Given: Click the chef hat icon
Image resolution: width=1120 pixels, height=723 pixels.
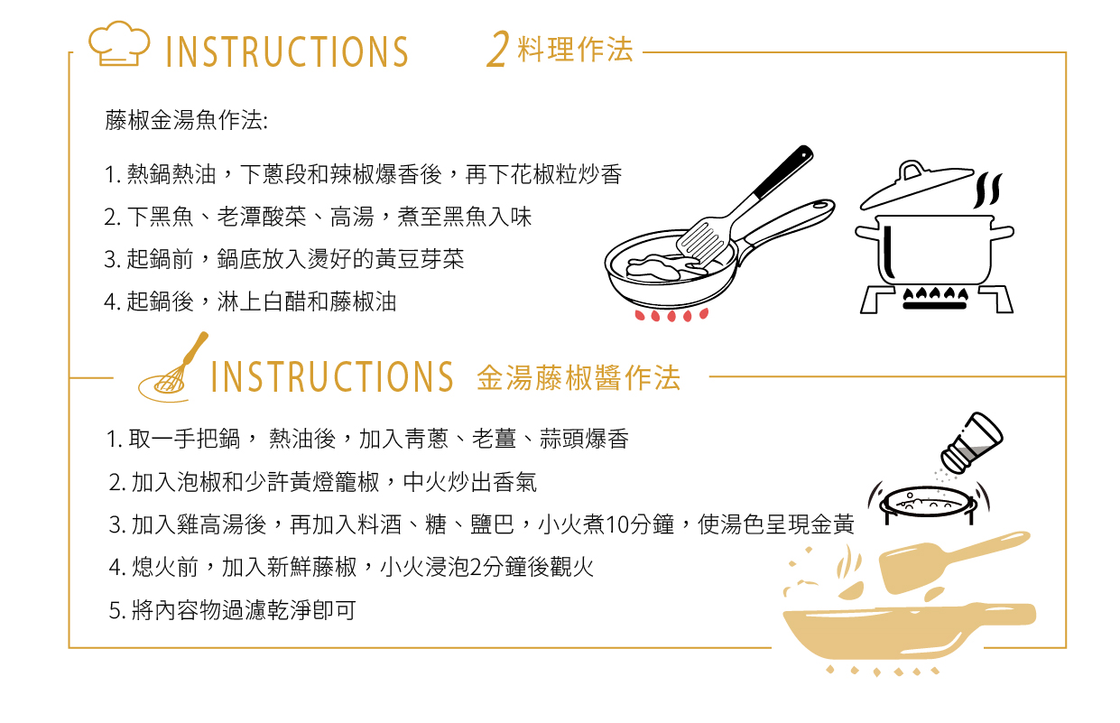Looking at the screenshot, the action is point(119,43).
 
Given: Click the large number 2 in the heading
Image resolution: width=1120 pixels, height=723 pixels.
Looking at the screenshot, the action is point(498,49).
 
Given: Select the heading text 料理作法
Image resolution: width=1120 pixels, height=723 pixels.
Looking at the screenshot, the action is point(576,50).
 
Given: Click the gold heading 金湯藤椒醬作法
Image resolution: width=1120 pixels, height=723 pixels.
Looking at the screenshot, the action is point(579,377).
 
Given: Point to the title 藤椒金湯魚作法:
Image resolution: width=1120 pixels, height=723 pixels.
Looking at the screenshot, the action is point(186,120).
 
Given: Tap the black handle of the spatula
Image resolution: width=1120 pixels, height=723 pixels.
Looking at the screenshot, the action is point(783,171).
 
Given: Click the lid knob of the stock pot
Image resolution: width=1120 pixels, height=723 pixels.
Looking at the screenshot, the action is point(912,170).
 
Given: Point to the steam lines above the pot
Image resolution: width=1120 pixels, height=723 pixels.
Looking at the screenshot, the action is point(987,190).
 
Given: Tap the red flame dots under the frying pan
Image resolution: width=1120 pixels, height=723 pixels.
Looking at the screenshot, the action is point(671,315).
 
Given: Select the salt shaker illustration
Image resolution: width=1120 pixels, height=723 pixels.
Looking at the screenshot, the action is point(971,443).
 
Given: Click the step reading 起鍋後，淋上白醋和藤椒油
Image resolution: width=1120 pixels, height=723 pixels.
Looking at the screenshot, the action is point(250,302).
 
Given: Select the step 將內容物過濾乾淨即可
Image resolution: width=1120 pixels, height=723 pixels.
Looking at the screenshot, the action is point(232,610).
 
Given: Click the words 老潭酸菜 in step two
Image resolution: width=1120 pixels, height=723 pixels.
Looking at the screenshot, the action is point(262,217).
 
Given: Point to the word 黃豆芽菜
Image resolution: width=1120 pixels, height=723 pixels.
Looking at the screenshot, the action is point(420,259).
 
